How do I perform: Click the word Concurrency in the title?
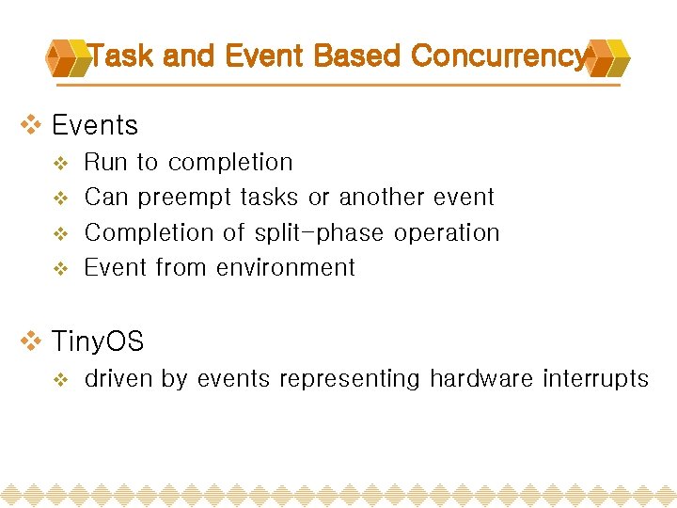498,56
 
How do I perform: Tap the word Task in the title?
122,56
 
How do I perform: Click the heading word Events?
95,125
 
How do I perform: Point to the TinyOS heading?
98,341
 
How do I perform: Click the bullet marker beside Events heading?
32,125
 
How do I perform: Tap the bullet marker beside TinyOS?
32,341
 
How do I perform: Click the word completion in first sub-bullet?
230,163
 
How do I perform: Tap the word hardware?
481,379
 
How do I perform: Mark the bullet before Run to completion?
59,164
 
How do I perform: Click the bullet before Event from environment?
59,269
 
